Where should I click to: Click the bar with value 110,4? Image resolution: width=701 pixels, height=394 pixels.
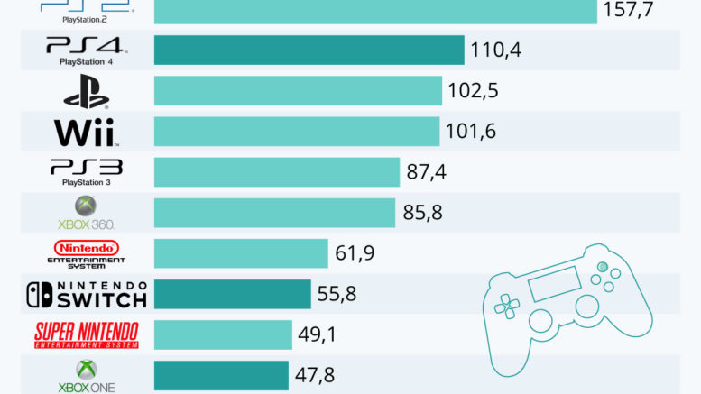tap(309, 50)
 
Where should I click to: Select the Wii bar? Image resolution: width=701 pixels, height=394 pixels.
tap(296, 131)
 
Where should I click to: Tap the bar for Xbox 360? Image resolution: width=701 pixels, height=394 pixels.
tap(274, 213)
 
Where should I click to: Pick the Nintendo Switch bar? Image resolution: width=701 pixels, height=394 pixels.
tap(232, 294)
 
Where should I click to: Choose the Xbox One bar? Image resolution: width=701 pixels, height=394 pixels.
tap(221, 375)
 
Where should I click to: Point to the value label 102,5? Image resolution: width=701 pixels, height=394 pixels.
tap(473, 91)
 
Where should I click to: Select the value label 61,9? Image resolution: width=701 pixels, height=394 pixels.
tap(355, 253)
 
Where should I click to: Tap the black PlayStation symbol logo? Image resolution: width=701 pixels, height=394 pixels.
tap(86, 91)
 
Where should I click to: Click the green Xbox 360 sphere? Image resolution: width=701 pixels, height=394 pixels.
tap(86, 206)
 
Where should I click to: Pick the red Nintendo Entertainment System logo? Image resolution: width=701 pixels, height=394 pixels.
tap(86, 247)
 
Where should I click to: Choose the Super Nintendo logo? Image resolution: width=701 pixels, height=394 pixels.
tap(86, 334)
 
